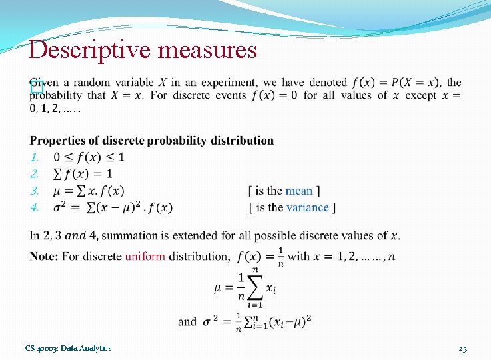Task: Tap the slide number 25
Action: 463,348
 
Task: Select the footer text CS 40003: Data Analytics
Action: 68,348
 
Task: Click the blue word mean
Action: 299,191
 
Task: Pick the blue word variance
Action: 308,207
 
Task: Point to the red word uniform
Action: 145,256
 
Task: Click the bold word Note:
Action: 44,256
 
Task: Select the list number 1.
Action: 35,157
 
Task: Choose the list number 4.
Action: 35,207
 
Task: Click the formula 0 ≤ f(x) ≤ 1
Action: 89,157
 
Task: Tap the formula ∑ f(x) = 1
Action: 83,174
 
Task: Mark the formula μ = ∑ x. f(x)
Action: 89,191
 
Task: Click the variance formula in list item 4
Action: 113,207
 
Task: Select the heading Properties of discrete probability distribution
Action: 152,141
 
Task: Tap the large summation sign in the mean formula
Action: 254,287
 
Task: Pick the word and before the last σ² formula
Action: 187,321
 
